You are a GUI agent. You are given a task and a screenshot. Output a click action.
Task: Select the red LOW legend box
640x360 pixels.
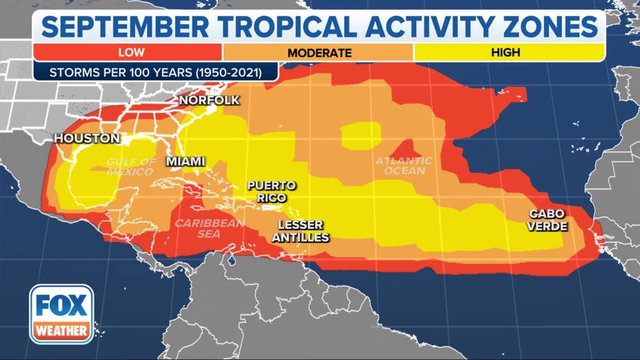pos(127,52)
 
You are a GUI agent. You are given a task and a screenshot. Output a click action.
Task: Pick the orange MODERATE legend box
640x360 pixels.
pos(319,52)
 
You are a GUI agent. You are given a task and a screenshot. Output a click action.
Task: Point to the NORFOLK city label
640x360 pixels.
pos(209,100)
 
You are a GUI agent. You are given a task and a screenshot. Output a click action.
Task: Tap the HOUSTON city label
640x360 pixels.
pos(87,138)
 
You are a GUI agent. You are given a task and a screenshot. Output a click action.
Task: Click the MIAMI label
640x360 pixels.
pos(185,161)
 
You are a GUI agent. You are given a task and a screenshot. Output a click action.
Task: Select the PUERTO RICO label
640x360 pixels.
pos(272,191)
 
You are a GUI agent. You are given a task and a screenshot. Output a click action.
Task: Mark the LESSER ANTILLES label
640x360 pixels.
pos(303,231)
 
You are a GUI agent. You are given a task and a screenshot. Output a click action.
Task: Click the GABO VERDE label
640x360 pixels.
pos(547,219)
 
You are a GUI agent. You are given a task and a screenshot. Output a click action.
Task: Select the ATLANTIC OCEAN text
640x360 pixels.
pos(404,166)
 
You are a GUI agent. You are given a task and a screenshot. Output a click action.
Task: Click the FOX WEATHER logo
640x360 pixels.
pos(61,314)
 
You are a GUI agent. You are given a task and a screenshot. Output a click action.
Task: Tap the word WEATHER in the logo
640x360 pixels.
pos(61,330)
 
